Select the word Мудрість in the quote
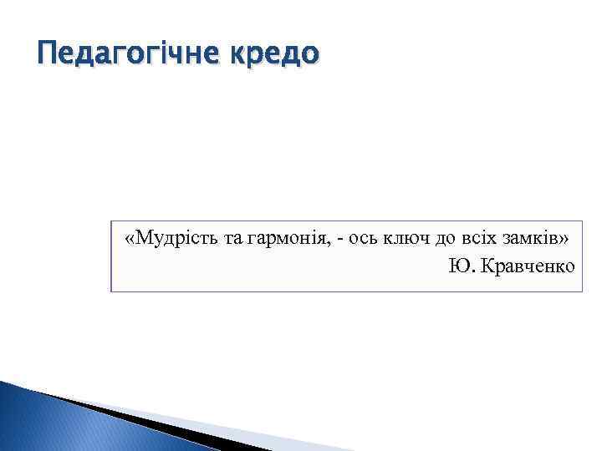[x=176, y=239]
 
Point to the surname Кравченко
[x=528, y=266]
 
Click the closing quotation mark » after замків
[x=565, y=241]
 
